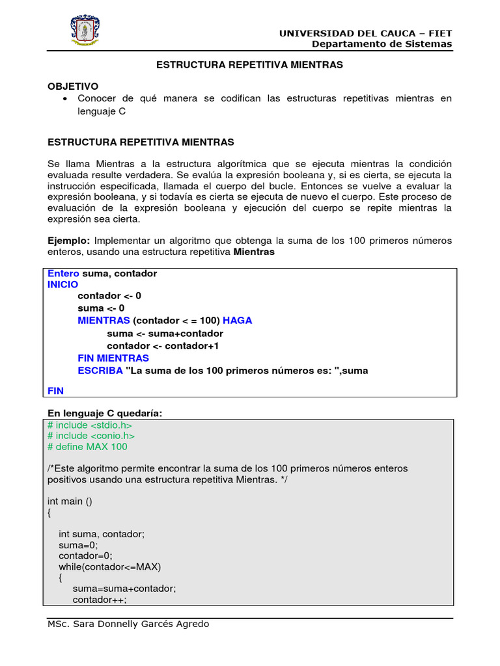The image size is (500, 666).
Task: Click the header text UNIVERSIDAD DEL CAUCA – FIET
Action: click(365, 33)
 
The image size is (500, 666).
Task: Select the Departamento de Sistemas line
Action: click(382, 44)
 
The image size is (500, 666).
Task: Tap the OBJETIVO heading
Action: click(73, 86)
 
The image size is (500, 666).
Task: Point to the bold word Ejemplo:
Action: click(68, 241)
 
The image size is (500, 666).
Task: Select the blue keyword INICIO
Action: click(62, 285)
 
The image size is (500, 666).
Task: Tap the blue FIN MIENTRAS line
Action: click(113, 358)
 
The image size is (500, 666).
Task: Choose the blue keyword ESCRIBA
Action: click(100, 371)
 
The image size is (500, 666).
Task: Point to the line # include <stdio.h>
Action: click(85, 425)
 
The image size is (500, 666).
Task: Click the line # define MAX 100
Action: click(87, 447)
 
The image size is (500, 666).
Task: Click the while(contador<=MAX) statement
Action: click(109, 566)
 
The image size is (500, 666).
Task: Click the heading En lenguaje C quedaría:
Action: click(105, 413)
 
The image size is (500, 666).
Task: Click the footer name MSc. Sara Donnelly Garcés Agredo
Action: click(128, 624)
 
